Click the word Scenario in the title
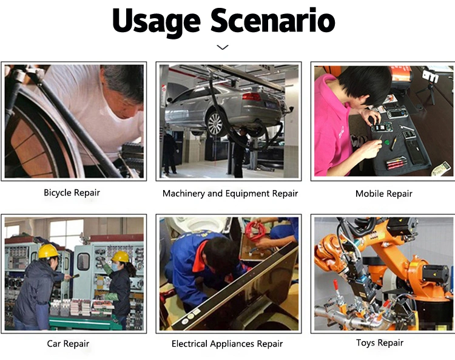pos(273,20)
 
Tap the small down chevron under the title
pos(223,47)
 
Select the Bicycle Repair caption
pos(72,193)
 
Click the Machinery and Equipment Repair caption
pos(230,194)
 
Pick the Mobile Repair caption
pos(383,194)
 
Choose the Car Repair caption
pos(68,344)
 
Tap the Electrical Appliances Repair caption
pos(227,344)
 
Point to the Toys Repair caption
pos(380,343)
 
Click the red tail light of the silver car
pos(251,97)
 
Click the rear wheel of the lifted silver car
pos(215,124)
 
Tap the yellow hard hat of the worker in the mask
pos(121,257)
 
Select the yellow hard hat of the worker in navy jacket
pos(48,251)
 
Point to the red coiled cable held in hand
pos(255,231)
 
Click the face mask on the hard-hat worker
pos(115,267)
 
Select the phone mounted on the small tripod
pos(430,76)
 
